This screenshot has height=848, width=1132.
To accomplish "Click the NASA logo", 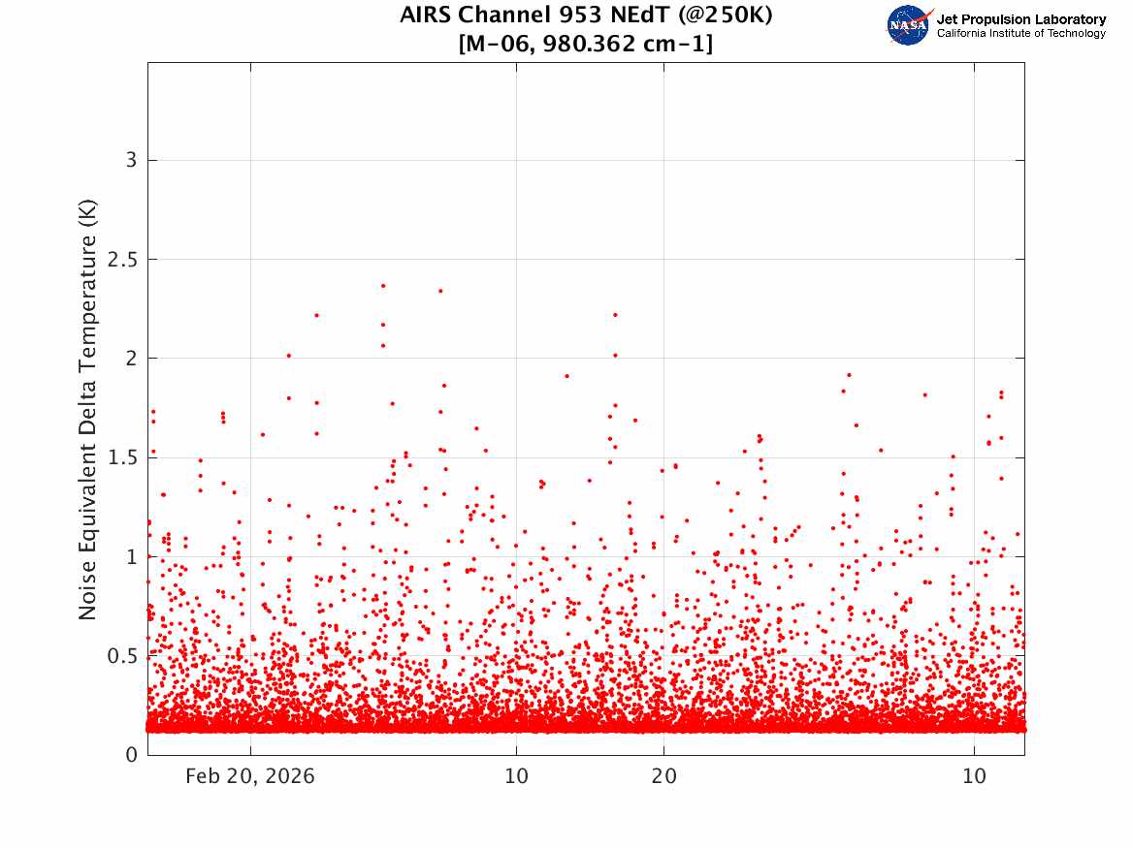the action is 909,25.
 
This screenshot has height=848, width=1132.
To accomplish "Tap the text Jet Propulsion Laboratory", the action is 1021,19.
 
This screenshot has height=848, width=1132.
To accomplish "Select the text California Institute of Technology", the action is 1021,33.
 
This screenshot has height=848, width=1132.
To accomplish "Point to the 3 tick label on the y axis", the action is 131,160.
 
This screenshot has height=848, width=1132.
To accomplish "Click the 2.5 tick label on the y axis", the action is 122,260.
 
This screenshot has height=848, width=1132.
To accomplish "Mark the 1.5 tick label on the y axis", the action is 122,457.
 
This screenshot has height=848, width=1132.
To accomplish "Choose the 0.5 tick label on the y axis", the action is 122,656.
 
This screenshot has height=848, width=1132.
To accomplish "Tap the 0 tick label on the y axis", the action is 131,755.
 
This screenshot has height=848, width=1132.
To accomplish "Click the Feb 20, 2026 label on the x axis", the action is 250,776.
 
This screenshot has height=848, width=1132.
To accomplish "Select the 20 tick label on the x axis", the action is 664,776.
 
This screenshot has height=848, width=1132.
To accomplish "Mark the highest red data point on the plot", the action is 383,286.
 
